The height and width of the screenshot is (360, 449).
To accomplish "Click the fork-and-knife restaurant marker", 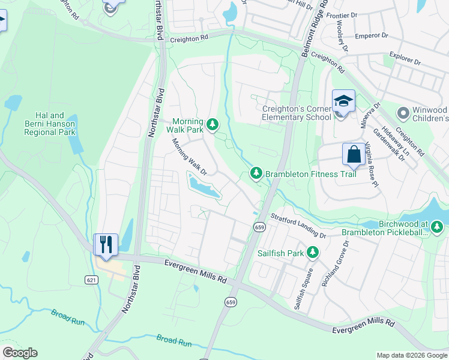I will [x=106, y=245].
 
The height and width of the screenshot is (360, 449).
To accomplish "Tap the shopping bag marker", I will [x=354, y=154].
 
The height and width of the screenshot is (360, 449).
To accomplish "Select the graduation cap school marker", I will [x=343, y=101].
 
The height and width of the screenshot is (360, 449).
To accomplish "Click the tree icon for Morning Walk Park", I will [x=212, y=125].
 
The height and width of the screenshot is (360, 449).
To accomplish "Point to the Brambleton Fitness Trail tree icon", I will [x=256, y=173].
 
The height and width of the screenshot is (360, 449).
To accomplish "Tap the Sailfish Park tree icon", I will [x=312, y=253].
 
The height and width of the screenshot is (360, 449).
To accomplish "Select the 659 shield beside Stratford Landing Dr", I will [x=259, y=227].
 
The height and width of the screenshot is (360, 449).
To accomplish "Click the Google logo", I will [x=20, y=353].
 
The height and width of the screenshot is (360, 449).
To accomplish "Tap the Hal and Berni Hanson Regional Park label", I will [x=49, y=124].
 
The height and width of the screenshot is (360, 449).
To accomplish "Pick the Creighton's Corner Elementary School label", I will [x=297, y=113].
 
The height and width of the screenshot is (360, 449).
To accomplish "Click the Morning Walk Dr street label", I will [x=189, y=157].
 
